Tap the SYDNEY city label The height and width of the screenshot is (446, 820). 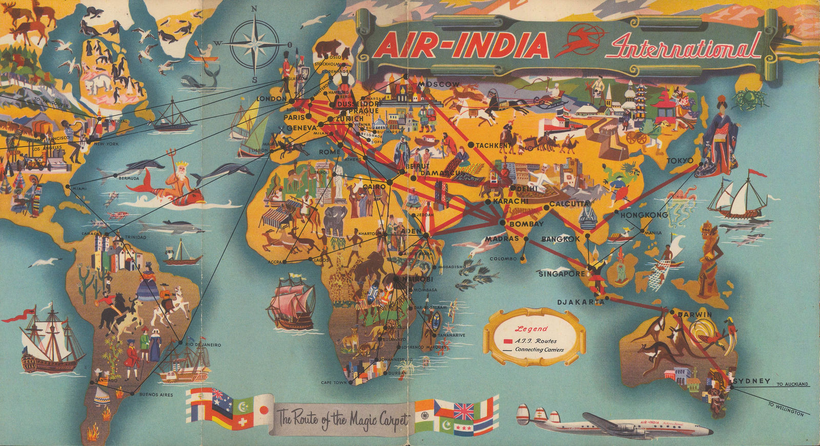(752, 381)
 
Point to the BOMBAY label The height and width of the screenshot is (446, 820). (526, 224)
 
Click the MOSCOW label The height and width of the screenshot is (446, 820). (439, 84)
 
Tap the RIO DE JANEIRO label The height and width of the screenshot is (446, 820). (203, 345)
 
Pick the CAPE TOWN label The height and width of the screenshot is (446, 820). (334, 383)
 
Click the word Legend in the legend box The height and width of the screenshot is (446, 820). (531, 329)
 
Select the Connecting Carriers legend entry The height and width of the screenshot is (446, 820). (539, 350)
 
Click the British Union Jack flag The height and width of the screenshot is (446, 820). (464, 410)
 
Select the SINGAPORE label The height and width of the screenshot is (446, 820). (562, 274)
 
